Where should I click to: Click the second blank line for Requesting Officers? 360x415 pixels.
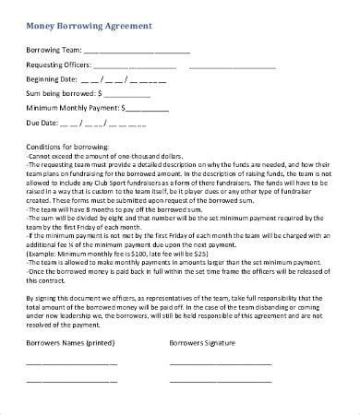[x=232, y=68]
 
